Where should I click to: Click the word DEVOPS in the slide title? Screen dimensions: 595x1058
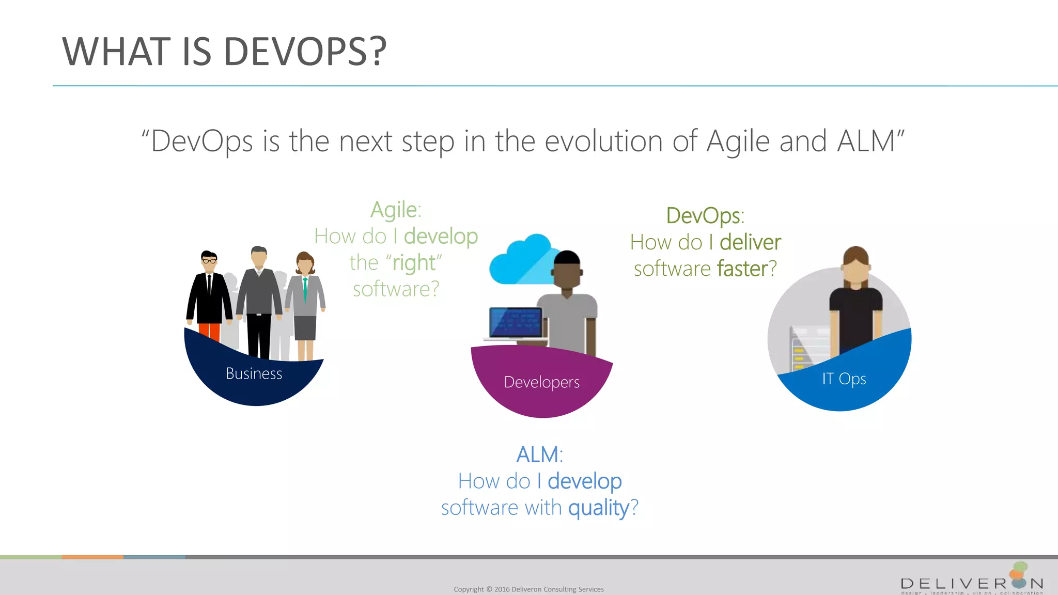click(x=305, y=52)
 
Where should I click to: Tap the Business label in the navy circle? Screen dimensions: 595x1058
click(x=254, y=373)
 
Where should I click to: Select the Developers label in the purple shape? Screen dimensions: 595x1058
click(x=541, y=382)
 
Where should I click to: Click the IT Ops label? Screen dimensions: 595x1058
click(x=844, y=379)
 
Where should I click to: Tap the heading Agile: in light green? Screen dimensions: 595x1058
click(x=396, y=210)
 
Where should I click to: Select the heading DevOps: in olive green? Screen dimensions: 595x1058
click(x=705, y=215)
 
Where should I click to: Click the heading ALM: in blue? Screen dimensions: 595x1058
click(x=539, y=455)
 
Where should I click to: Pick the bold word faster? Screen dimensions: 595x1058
click(x=742, y=269)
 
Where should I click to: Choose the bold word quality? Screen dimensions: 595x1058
click(x=599, y=508)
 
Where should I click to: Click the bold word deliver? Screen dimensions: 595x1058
click(x=750, y=242)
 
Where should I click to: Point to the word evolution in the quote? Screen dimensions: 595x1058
click(x=603, y=141)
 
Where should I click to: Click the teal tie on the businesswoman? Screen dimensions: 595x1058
click(x=305, y=289)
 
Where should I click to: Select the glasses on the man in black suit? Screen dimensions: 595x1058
click(x=209, y=261)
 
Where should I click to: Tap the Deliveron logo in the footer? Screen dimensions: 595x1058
click(x=971, y=581)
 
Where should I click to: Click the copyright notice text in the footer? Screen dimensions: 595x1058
click(x=528, y=589)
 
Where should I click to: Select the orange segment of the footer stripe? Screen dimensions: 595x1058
click(x=92, y=557)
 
